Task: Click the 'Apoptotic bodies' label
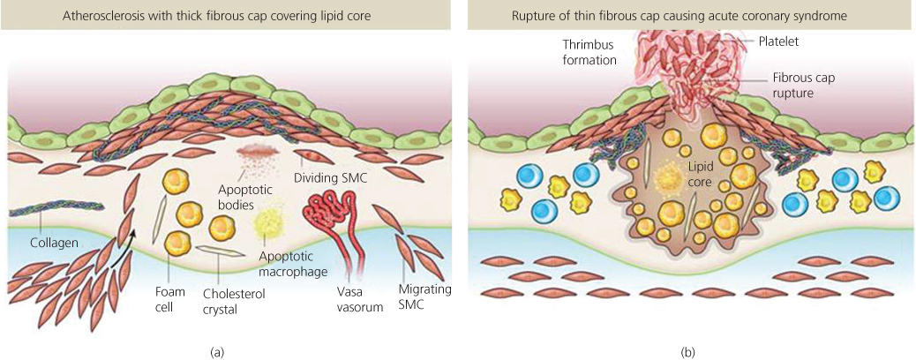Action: click(x=237, y=195)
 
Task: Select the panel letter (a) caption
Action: click(x=217, y=352)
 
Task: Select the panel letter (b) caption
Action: click(x=688, y=352)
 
